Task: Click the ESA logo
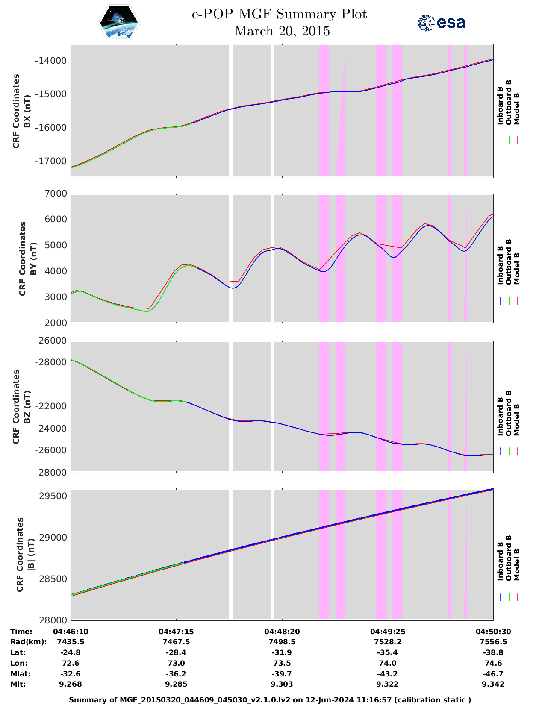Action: tap(442, 23)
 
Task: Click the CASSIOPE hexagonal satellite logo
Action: tap(119, 23)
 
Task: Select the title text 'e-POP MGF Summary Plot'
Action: tap(279, 15)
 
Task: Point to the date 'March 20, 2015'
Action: tap(282, 31)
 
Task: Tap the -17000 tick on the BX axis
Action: tap(51, 161)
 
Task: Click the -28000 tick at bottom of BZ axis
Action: tap(51, 472)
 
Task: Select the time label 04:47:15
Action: tap(176, 632)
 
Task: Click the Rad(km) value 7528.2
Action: tap(387, 642)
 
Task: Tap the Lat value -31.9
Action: tap(282, 652)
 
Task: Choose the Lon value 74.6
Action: tap(493, 663)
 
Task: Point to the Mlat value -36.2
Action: tap(176, 674)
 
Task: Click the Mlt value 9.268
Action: tap(71, 684)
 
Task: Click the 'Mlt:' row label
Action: tap(18, 684)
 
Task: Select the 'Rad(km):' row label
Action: tap(28, 642)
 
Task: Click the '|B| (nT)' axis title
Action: tap(31, 554)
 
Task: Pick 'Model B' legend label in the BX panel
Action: tap(517, 109)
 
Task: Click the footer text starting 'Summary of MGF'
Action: tap(270, 700)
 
